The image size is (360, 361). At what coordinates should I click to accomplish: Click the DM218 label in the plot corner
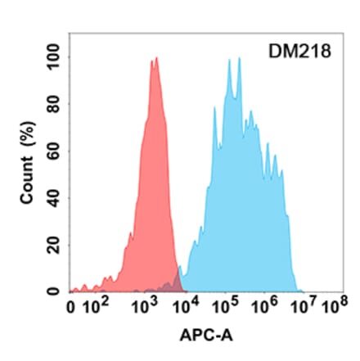tap(299, 52)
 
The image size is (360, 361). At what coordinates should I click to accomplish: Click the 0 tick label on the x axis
tap(72, 310)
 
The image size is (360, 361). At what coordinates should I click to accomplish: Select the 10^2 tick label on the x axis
tap(99, 309)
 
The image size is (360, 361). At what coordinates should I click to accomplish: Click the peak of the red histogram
tap(154, 60)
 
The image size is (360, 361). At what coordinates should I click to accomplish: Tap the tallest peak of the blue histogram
tap(239, 59)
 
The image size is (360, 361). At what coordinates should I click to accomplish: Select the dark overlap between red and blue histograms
tap(172, 286)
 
